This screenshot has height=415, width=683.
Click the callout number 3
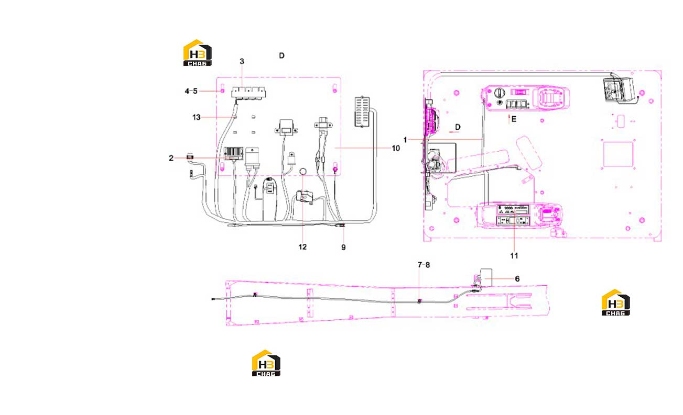point(242,62)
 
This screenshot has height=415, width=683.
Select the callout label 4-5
point(191,91)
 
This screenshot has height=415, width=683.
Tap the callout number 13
point(197,117)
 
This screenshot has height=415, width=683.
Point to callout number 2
point(171,158)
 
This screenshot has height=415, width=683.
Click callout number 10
point(396,148)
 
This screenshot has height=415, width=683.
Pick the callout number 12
point(302,247)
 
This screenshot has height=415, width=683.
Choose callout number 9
point(343,248)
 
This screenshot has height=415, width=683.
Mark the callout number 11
point(514,256)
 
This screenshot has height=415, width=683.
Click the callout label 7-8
point(424,265)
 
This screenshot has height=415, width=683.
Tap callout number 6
point(517,279)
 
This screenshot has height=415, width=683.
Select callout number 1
point(405,140)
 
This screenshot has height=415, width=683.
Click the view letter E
point(514,119)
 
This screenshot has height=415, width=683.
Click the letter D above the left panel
point(281,55)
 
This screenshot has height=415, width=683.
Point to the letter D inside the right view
point(458,127)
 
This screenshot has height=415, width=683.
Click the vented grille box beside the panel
point(362,112)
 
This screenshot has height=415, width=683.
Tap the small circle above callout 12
point(303,172)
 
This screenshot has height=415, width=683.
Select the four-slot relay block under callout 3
point(248,92)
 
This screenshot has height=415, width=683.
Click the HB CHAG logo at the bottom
point(266,363)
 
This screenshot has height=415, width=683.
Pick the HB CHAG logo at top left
point(197,53)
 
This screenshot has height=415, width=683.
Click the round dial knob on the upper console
point(499,93)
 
